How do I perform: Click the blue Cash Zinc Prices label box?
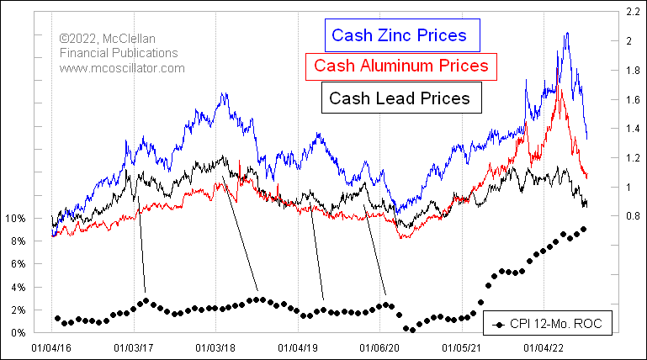pos(400,35)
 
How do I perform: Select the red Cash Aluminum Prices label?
pos(400,66)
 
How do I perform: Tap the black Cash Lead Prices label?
pos(400,98)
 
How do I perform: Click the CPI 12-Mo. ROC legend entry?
pos(548,323)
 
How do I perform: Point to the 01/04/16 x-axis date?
pos(51,346)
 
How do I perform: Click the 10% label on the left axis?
pos(16,219)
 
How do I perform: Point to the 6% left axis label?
pos(19,264)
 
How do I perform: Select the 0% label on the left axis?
pos(19,333)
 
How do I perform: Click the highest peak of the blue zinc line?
pos(567,33)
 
